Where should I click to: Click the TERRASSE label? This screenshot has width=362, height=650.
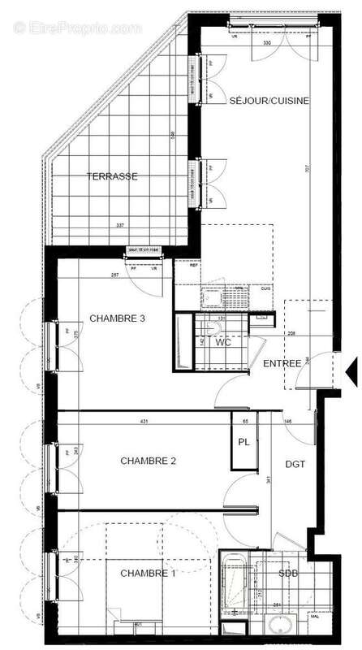[113, 175]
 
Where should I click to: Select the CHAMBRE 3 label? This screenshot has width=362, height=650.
[117, 318]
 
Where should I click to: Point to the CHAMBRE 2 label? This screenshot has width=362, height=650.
[149, 461]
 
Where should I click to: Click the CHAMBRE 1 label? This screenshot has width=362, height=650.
[149, 574]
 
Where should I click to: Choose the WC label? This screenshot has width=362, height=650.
[224, 343]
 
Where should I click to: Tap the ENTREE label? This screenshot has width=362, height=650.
[282, 362]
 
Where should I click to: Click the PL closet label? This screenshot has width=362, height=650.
[243, 442]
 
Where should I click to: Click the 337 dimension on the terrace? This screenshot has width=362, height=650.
[120, 225]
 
